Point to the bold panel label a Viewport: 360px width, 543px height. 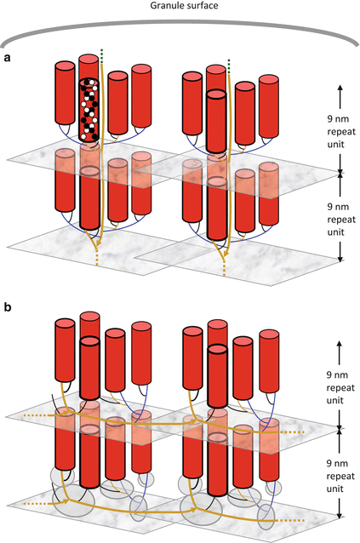[7, 58]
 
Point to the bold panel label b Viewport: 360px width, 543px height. [8, 307]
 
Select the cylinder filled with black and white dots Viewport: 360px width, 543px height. [89, 110]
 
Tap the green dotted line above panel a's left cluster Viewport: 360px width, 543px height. [102, 56]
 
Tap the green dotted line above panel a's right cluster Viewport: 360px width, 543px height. [229, 66]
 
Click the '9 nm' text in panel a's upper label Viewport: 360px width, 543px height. [338, 119]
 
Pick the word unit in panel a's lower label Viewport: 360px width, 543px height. [336, 231]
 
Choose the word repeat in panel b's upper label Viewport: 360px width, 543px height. [340, 388]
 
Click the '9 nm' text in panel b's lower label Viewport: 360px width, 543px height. [337, 463]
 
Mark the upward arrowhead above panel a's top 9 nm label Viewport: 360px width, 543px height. [340, 88]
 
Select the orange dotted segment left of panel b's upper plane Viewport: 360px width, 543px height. [36, 414]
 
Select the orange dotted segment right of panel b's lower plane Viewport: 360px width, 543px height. [291, 520]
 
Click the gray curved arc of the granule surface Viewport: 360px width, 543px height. [180, 21]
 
